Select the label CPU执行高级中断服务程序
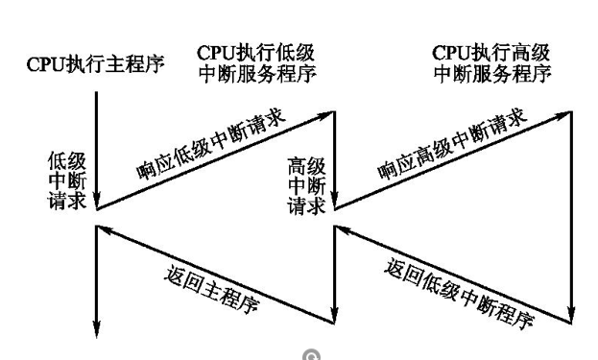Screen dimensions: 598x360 (492, 62)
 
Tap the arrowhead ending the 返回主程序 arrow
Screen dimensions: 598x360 (105, 229)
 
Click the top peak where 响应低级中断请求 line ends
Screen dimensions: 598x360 (332, 111)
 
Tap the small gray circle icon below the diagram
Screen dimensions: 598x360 (309, 353)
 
